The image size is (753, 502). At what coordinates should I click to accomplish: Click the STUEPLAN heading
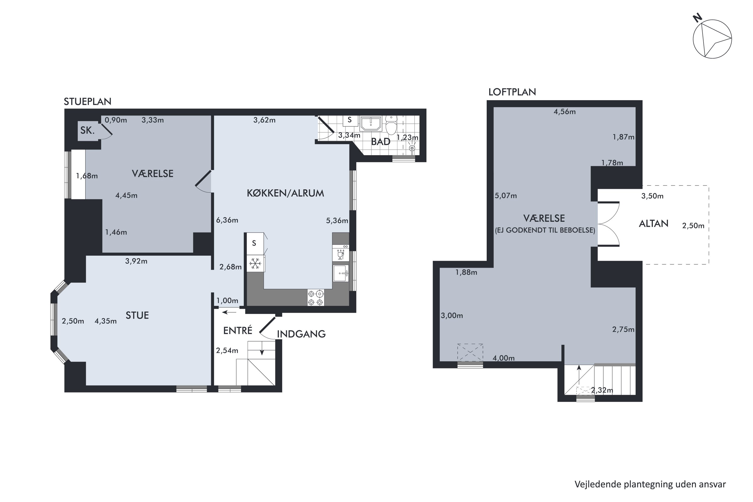pos(87,101)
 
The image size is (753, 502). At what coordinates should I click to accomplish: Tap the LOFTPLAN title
pos(512,92)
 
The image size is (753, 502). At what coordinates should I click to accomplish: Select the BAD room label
pos(381,142)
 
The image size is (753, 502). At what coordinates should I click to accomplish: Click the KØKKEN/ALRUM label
pos(285,193)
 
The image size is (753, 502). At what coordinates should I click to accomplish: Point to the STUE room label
pos(137,315)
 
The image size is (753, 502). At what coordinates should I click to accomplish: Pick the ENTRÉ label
pos(237,330)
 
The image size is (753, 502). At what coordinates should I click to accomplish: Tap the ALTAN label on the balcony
pos(653,223)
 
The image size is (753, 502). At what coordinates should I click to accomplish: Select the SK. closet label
pos(87,130)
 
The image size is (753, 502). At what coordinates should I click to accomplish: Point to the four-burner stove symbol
pos(316,297)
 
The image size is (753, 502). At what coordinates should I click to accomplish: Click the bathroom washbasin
pos(371,123)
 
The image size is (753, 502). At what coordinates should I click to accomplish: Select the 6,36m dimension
pos(227,220)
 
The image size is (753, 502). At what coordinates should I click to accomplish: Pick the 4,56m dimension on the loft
pos(564,112)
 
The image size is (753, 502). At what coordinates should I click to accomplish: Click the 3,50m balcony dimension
pos(652,196)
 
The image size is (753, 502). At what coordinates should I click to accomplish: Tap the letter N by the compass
pos(698,18)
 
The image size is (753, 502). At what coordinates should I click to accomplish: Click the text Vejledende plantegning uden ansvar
pos(650,484)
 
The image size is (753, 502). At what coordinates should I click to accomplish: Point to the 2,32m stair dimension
pos(602,390)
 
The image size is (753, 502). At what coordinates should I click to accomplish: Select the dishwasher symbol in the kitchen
pos(341,254)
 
